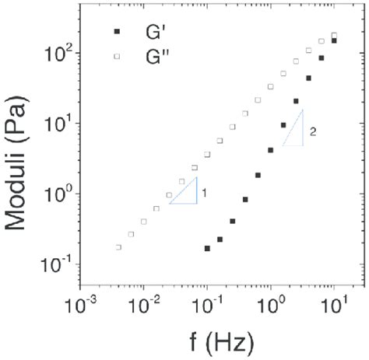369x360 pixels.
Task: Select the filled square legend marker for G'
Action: tap(117, 31)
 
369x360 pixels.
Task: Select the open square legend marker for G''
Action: tap(117, 56)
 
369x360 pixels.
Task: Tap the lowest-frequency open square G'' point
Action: tap(118, 247)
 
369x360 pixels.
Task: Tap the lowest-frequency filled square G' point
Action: tap(207, 248)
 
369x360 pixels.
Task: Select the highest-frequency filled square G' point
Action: tap(334, 40)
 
